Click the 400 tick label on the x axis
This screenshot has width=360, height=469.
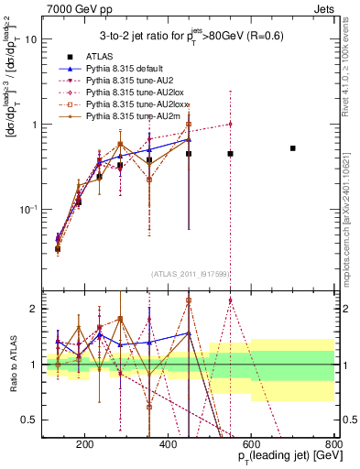point(169,446)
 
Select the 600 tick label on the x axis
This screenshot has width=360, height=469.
point(252,446)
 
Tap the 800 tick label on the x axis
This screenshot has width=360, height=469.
point(333,446)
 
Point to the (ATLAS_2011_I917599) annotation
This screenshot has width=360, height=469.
point(189,272)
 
